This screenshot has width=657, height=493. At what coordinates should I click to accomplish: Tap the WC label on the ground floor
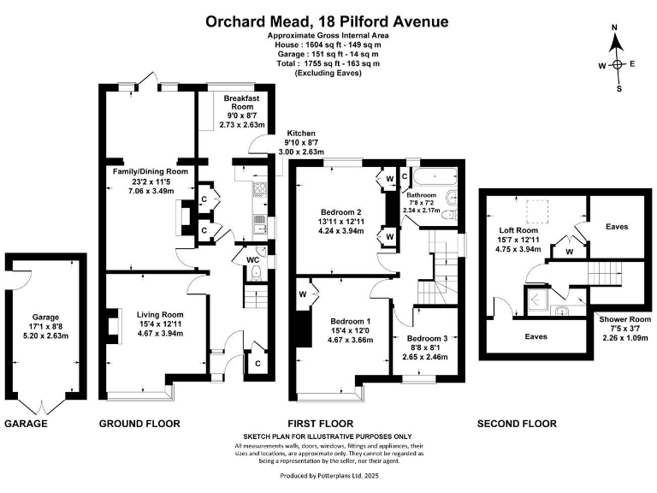click(253, 258)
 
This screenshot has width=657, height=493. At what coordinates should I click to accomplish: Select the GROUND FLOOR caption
click(139, 424)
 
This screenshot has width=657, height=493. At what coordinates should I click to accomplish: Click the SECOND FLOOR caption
click(517, 424)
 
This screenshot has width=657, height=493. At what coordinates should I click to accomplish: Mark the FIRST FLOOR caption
click(320, 424)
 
